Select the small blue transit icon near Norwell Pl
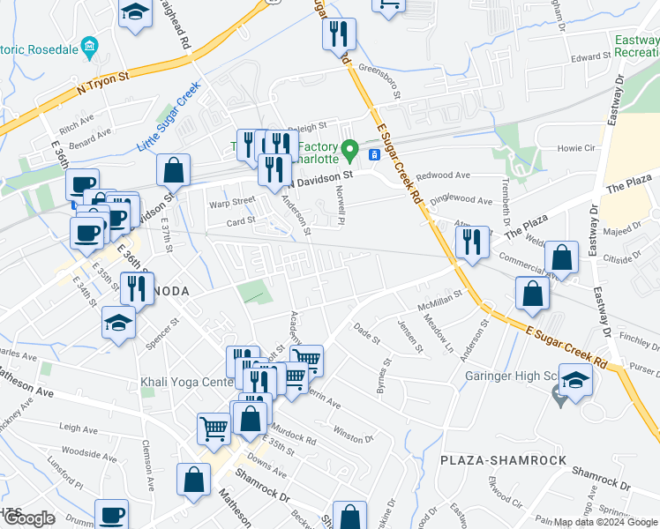coord(374,155)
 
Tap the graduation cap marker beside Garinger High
coord(575,380)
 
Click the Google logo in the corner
coord(29,518)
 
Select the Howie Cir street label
coord(578,149)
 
